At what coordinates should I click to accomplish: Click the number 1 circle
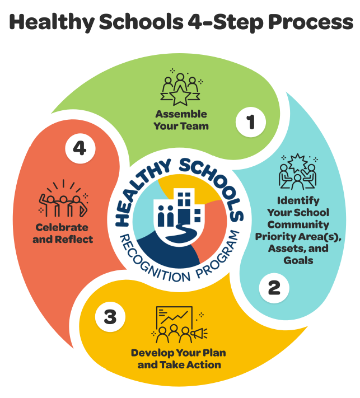[x=250, y=121]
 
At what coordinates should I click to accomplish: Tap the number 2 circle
[x=274, y=288]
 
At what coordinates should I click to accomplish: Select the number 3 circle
[x=110, y=317]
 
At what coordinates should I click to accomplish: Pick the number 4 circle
[x=80, y=148]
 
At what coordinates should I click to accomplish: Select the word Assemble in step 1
[x=181, y=114]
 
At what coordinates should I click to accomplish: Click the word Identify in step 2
[x=298, y=200]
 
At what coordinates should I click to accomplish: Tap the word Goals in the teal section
[x=298, y=260]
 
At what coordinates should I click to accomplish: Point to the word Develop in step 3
[x=150, y=353]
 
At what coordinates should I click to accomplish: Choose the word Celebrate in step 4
[x=62, y=227]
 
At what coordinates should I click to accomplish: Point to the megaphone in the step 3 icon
[x=200, y=334]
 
